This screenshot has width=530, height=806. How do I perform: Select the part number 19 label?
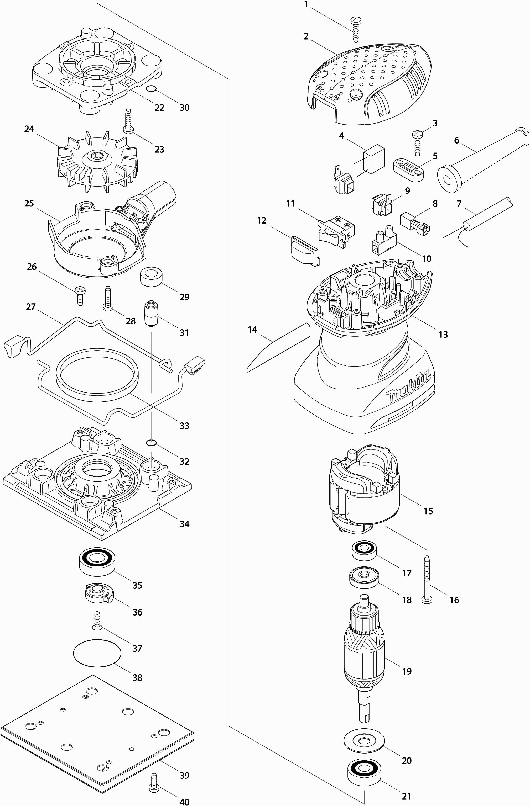pos(407,671)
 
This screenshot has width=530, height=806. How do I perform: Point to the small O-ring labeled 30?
pos(152,89)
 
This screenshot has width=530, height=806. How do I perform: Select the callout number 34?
pos(184,524)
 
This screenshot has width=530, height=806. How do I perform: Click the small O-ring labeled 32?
pos(151,442)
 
